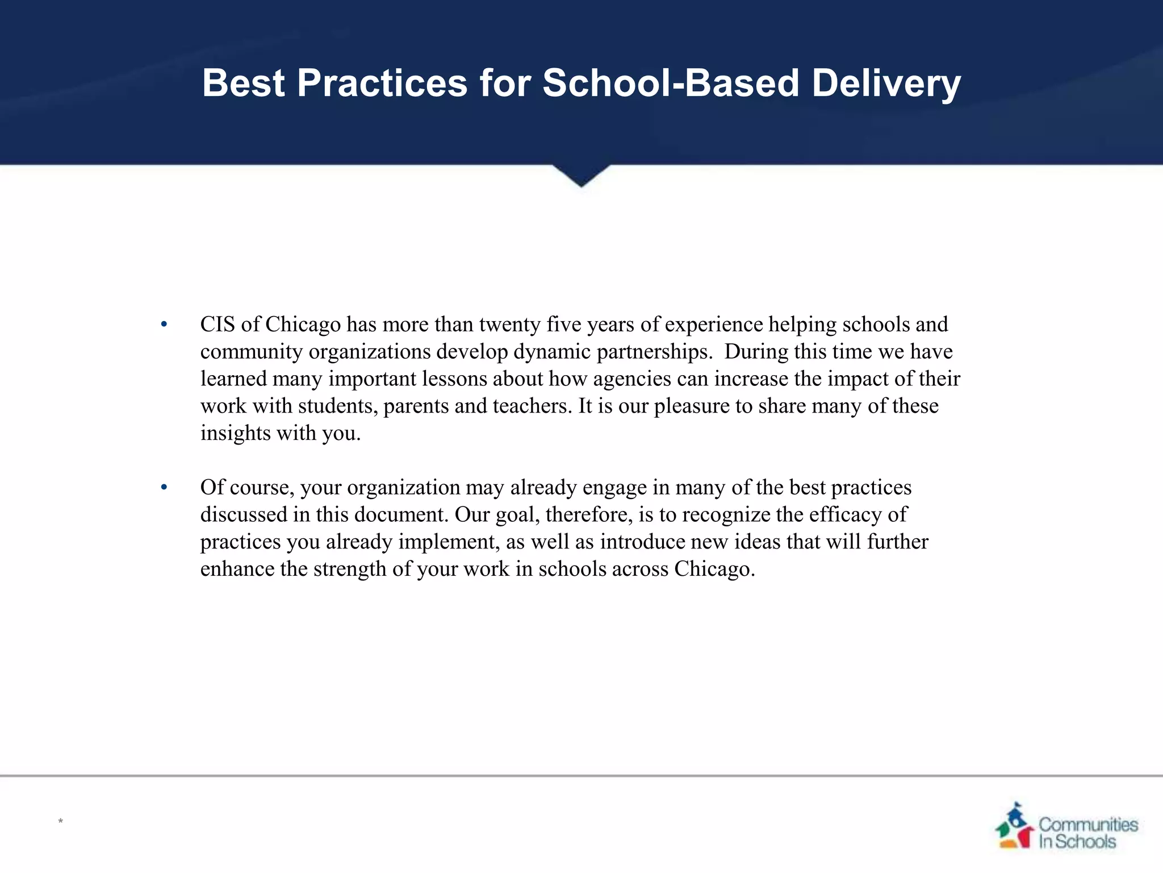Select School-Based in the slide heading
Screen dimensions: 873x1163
(x=671, y=83)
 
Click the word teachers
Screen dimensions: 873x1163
(x=532, y=406)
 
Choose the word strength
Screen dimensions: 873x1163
(x=349, y=569)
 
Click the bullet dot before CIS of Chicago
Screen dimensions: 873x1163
(x=164, y=325)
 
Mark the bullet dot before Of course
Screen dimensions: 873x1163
(x=164, y=488)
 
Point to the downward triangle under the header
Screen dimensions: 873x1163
(x=581, y=175)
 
